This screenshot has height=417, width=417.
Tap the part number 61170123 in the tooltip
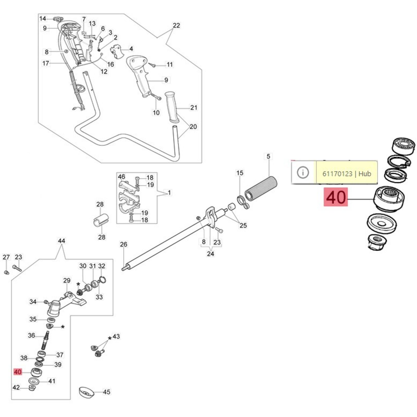point(337,174)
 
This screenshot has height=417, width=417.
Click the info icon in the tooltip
point(303,173)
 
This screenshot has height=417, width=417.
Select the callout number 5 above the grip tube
point(268,156)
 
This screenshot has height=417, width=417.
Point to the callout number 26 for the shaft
point(124,244)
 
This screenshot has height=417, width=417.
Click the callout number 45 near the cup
point(107,392)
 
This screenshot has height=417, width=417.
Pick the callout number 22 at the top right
point(176,25)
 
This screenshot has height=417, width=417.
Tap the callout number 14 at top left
point(43,19)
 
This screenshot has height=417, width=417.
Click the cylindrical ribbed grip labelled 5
point(261,188)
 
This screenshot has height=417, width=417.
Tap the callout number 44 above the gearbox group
point(62,241)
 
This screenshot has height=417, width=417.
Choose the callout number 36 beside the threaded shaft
point(32,335)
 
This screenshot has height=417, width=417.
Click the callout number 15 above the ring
point(240,173)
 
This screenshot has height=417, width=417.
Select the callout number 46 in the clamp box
point(121,177)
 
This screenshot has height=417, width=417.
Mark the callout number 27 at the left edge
point(6,257)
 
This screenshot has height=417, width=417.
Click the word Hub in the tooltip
point(365,174)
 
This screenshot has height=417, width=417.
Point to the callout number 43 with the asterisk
point(116,336)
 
